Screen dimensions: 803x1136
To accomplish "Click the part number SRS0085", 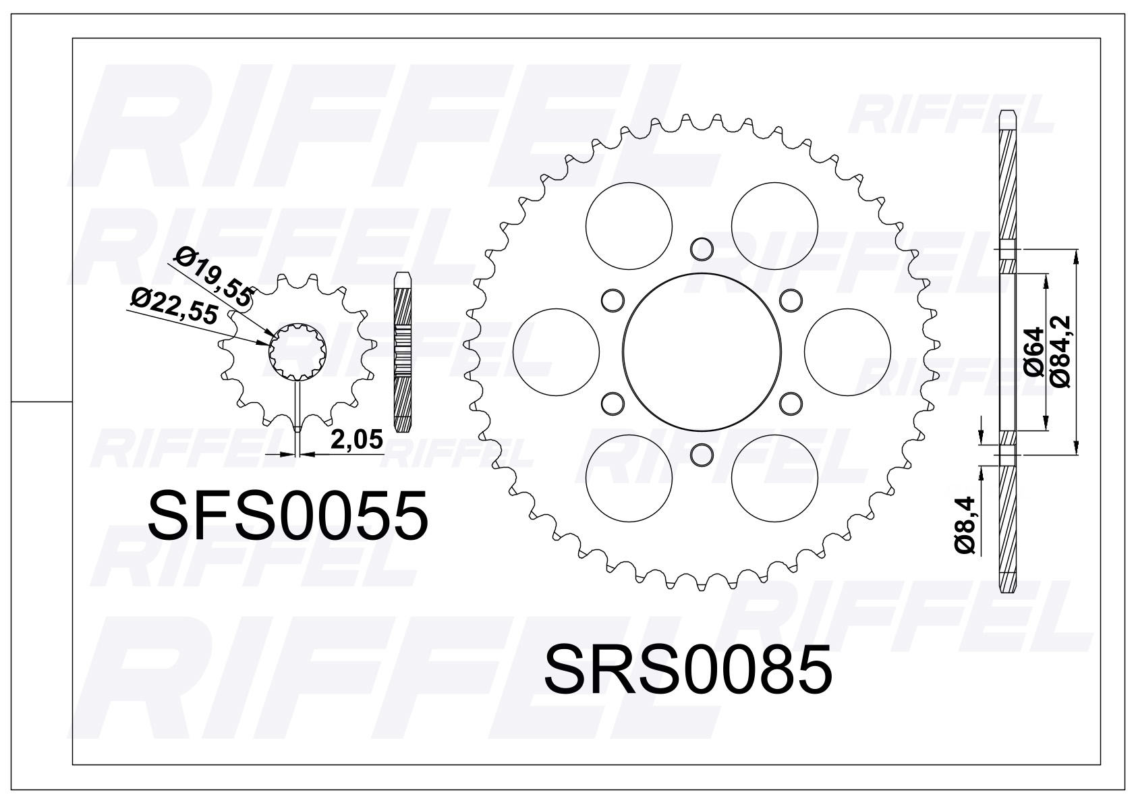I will point(687,670).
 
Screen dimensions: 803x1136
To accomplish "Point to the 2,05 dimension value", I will point(356,439).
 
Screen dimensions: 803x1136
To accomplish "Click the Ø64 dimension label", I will point(1033,351).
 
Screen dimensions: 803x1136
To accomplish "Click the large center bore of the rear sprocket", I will point(702,351).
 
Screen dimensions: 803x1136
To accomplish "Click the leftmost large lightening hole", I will point(556,351).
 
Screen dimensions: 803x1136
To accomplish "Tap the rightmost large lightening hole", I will point(848,351).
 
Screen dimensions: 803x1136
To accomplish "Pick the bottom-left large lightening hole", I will point(629,477).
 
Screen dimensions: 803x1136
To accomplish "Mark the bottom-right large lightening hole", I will point(774,477).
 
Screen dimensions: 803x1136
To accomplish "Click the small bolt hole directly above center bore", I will point(702,249).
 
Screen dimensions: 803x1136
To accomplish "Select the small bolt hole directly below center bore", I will point(702,453).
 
